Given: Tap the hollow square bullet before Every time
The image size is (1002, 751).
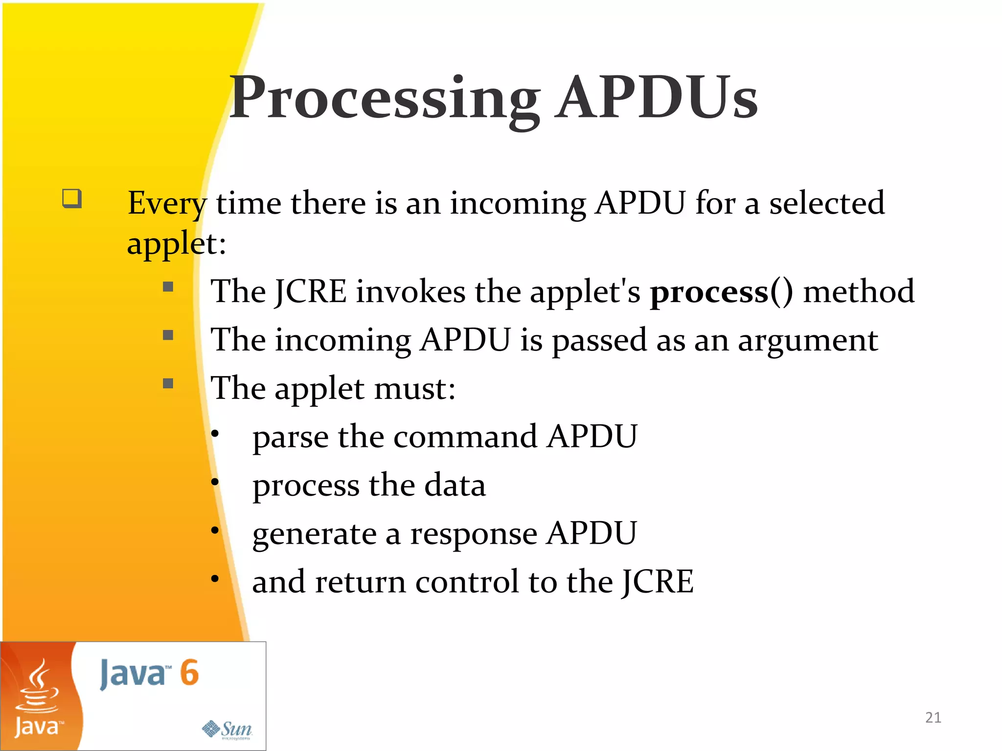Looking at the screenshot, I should [x=71, y=199].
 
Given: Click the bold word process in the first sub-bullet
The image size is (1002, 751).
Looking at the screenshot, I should [x=708, y=292].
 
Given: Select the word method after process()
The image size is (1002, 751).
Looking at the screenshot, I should [x=859, y=292].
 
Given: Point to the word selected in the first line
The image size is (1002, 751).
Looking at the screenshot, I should [x=827, y=203].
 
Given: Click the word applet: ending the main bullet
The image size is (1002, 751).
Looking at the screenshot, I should [x=176, y=244].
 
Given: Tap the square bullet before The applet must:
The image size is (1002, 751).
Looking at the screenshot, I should [x=168, y=383].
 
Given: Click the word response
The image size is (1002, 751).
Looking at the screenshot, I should [x=473, y=534].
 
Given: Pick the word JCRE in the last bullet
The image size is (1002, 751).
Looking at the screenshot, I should [x=658, y=582].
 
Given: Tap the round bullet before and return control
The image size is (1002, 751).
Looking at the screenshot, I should [x=215, y=579].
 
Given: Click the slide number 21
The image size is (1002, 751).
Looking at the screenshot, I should [x=933, y=717].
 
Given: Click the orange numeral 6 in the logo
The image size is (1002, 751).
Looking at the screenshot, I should [x=189, y=673].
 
